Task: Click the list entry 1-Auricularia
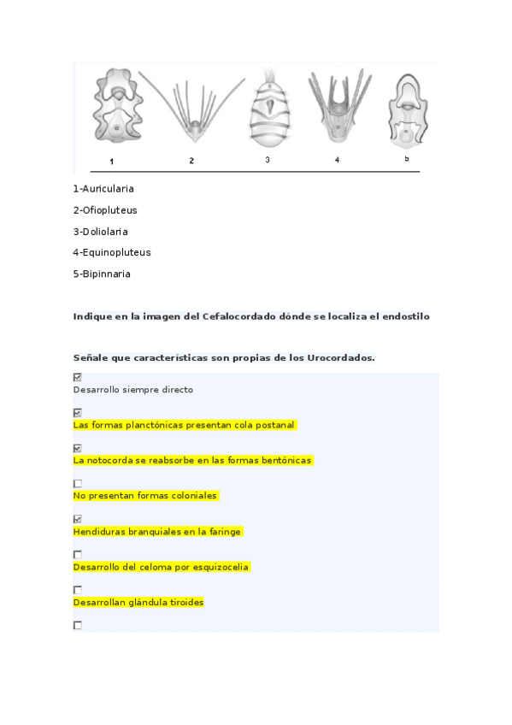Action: (x=103, y=189)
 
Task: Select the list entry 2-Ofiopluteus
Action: (x=105, y=210)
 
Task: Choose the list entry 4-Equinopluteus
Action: (x=112, y=253)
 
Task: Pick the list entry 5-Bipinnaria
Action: (x=102, y=274)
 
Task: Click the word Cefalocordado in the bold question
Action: (x=239, y=316)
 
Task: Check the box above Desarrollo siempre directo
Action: (x=78, y=377)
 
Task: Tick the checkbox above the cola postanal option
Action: (x=78, y=413)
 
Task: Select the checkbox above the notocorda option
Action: (x=78, y=448)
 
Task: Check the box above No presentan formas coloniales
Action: (x=78, y=484)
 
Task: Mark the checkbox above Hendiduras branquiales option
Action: (x=78, y=519)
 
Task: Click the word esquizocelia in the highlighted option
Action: (x=220, y=567)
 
